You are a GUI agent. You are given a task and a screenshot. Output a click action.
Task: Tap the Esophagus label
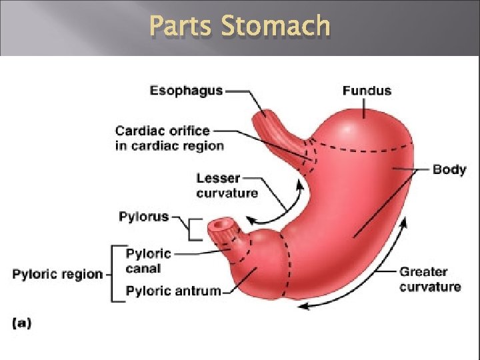tap(186, 91)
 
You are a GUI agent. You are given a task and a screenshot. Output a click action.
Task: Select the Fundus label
tap(367, 91)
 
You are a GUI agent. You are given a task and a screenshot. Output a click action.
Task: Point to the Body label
tap(449, 169)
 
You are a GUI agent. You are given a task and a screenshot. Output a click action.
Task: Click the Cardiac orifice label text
tap(162, 131)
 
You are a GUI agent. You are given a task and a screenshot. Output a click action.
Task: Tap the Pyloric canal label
tap(148, 261)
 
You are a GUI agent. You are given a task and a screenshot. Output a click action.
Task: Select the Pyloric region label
tap(58, 274)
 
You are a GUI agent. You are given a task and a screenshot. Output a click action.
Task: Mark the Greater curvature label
tap(430, 279)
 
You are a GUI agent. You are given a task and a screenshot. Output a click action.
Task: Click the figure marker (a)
tap(21, 323)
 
